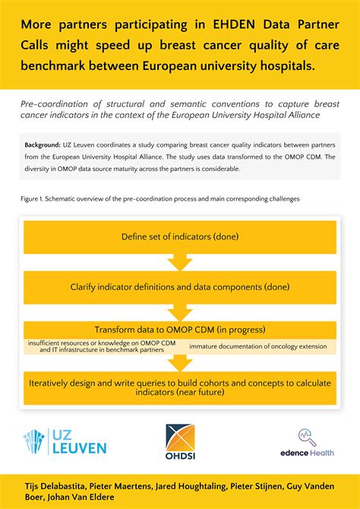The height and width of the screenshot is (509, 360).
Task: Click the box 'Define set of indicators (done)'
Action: tap(180, 237)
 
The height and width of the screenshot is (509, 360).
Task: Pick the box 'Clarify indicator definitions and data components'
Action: tap(180, 287)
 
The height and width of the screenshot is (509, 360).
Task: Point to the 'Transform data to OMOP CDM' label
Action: tap(180, 330)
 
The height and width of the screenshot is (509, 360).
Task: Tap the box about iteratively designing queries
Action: tap(180, 387)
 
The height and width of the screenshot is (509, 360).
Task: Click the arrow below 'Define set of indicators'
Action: tap(180, 262)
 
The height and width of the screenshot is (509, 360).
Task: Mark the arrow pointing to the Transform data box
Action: tap(180, 312)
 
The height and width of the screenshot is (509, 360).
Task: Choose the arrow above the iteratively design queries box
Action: tap(180, 363)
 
